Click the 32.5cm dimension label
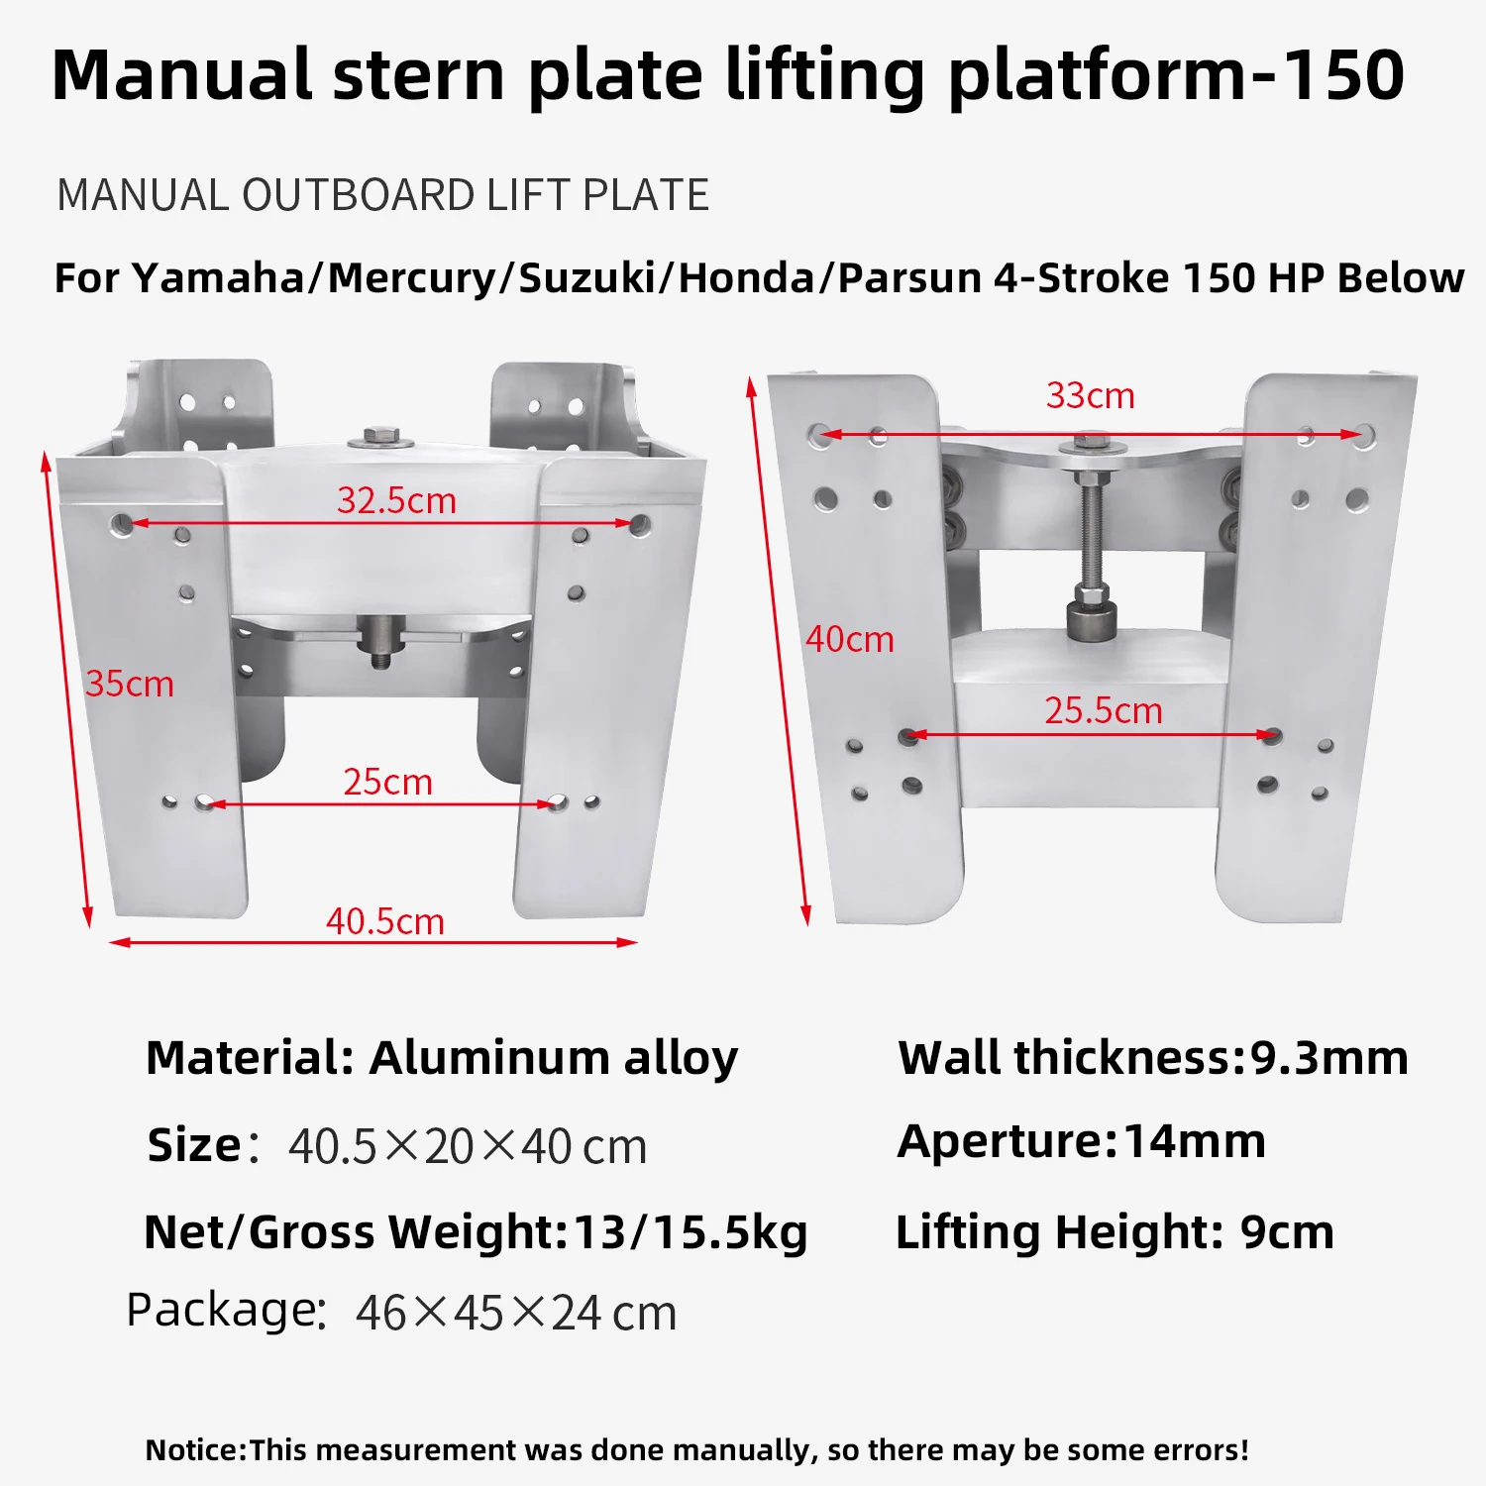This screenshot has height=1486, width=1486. click(396, 500)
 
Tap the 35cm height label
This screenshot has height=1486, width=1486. click(130, 684)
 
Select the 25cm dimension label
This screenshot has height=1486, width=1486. click(387, 782)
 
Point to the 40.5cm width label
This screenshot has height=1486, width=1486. click(385, 921)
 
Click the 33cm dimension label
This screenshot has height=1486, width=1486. click(1090, 395)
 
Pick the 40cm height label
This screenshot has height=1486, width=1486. click(850, 639)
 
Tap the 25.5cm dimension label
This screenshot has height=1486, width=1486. click(1104, 710)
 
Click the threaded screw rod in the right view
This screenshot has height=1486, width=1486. click(1090, 530)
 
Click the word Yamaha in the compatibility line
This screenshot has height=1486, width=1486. click(219, 277)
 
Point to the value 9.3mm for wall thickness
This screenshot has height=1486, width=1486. click(1328, 1057)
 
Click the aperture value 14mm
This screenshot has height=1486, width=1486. click(1195, 1140)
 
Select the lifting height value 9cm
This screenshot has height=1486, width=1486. click(1287, 1231)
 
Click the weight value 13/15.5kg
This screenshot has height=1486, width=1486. click(690, 1232)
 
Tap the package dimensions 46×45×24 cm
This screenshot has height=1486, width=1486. click(516, 1313)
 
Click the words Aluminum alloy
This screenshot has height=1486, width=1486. click(554, 1058)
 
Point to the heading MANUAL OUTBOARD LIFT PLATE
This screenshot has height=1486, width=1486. click(383, 195)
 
